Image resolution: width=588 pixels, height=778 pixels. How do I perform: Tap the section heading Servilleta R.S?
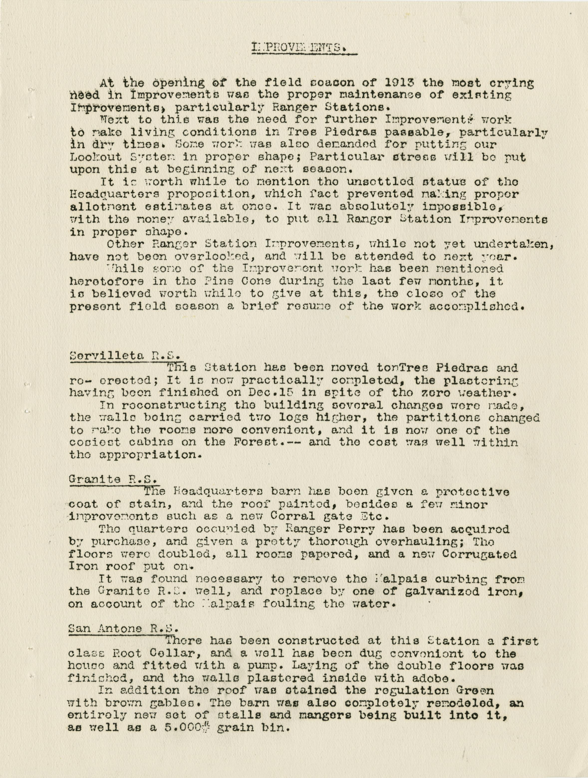click(x=125, y=355)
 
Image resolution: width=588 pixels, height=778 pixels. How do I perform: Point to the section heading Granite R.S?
click(x=112, y=479)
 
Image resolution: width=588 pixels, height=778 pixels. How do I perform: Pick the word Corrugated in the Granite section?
click(x=480, y=554)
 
